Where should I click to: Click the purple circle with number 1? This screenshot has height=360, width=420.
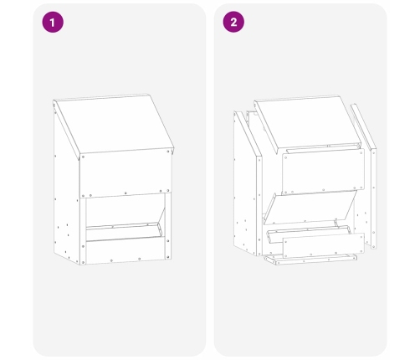click(53, 22)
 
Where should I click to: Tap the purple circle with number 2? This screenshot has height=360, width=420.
click(233, 22)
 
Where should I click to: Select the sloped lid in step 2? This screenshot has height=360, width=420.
click(307, 123)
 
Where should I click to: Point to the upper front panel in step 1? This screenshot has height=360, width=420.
click(125, 173)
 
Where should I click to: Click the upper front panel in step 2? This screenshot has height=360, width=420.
click(324, 172)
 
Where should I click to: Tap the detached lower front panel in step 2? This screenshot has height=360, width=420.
click(324, 245)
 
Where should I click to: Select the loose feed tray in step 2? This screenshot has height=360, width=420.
click(309, 234)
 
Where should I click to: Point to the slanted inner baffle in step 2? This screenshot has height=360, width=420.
click(310, 207)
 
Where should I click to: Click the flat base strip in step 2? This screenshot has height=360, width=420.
click(310, 260)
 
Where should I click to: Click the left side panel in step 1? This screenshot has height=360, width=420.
click(66, 193)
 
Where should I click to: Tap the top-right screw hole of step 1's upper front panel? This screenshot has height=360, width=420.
click(168, 152)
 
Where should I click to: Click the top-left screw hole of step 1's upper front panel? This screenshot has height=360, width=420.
click(83, 157)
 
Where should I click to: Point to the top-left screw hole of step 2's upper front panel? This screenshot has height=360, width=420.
click(285, 157)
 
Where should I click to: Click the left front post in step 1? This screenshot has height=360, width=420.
click(83, 232)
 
